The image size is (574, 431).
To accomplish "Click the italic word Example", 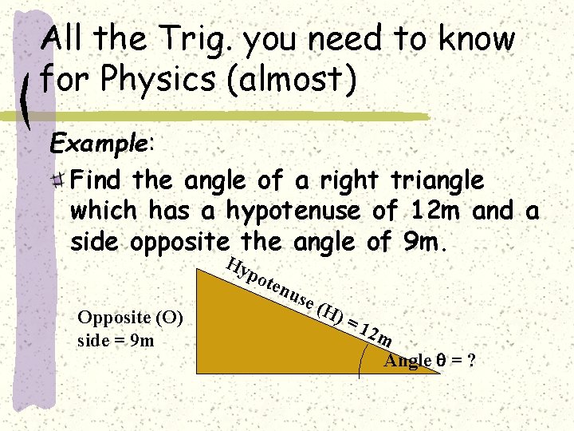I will click(98, 144).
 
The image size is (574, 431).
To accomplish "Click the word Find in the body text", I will click(99, 181).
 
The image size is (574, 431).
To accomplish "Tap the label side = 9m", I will click(116, 340).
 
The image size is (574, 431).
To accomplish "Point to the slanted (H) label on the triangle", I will click(330, 314).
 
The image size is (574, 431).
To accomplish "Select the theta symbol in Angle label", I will click(440, 361).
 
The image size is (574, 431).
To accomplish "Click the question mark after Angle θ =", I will click(472, 361).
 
